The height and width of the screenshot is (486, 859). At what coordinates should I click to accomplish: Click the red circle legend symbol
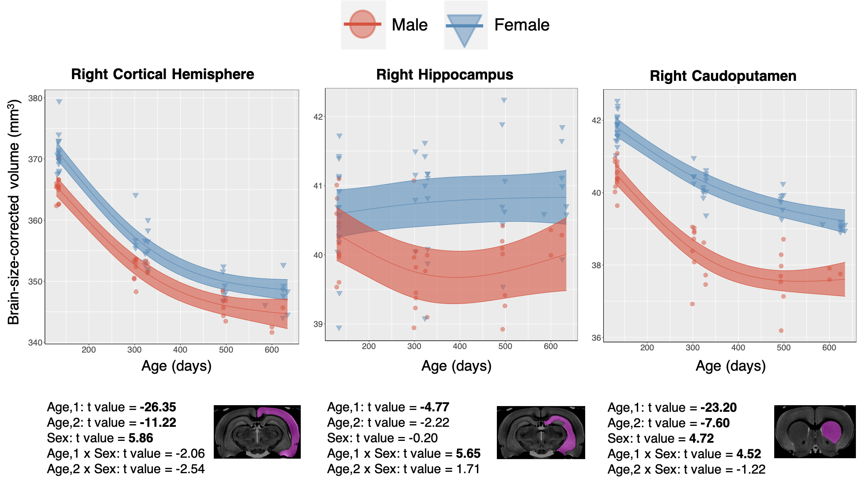[363, 24]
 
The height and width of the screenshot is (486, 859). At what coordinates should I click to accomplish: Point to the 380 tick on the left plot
[36, 98]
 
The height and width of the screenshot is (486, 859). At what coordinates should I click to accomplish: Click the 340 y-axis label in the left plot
[36, 342]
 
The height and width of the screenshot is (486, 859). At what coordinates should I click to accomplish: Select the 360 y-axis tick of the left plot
[36, 220]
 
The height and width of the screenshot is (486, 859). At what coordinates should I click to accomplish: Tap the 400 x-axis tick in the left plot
[180, 349]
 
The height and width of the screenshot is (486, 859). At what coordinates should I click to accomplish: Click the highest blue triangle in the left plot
[59, 102]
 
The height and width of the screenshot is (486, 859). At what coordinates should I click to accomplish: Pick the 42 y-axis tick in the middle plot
[318, 117]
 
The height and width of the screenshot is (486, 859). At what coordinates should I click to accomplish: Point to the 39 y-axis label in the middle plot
[318, 324]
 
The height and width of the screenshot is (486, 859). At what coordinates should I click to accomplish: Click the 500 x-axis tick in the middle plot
[505, 346]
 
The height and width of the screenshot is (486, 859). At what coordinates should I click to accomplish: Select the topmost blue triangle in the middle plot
[504, 101]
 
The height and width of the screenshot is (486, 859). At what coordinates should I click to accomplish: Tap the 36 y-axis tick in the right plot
[597, 338]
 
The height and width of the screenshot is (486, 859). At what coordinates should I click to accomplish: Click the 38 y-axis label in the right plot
[597, 265]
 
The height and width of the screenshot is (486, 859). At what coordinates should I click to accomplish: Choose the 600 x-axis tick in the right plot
[829, 348]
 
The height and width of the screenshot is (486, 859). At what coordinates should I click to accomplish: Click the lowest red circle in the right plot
[781, 330]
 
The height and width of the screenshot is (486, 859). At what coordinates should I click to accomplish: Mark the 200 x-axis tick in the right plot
[647, 348]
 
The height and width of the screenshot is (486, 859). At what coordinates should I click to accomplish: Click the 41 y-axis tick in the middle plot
[318, 186]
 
